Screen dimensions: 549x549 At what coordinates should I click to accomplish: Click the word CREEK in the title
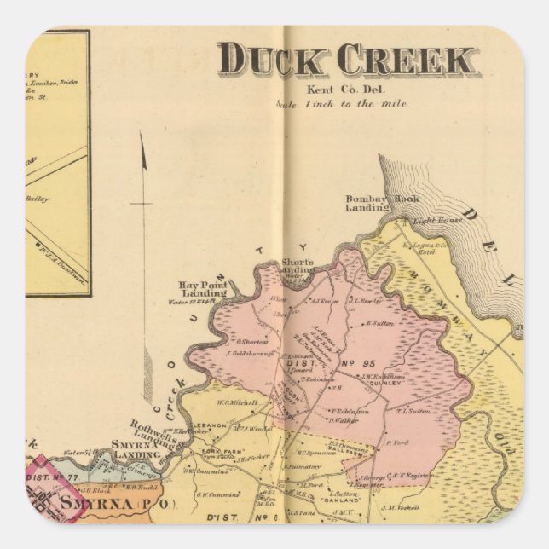406,60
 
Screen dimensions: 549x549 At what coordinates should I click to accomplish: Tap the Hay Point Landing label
203,289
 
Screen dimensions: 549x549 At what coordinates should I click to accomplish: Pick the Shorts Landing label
298,266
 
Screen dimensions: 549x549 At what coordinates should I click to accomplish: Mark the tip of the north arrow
142,135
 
